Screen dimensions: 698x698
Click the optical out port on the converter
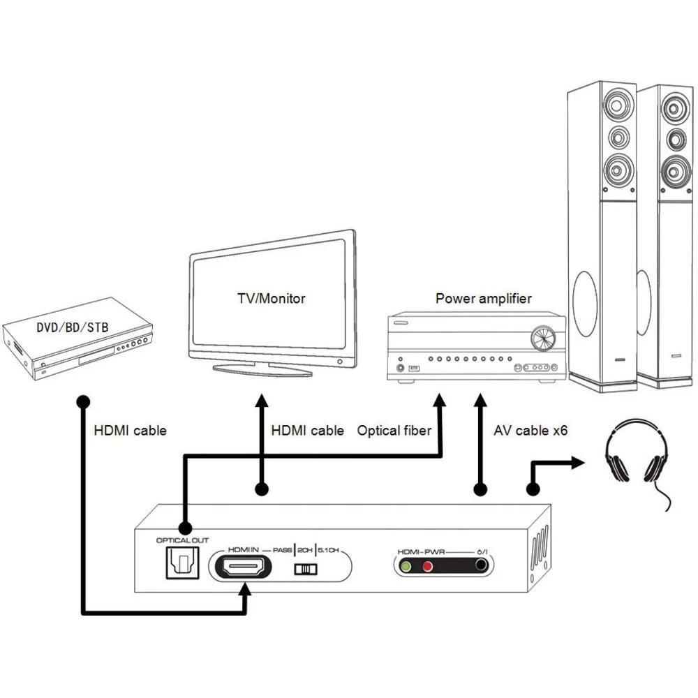pos(181,563)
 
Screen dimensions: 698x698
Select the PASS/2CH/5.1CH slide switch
pos(305,570)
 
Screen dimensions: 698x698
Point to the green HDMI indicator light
pos(405,566)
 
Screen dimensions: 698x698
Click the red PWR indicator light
pos(427,566)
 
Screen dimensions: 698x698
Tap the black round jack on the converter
pos(480,566)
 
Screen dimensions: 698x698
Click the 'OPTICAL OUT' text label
pos(181,540)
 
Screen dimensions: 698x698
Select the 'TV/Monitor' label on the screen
pos(271,298)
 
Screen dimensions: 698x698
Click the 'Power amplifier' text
pos(483,299)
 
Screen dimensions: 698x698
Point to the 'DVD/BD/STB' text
pos(73,327)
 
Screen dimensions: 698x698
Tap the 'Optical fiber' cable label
pos(394,431)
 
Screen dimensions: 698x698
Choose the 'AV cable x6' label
pos(530,431)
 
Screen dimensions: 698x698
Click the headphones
pos(634,454)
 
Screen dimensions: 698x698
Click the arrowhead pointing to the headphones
pos(577,461)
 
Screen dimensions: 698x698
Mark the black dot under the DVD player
pos(82,402)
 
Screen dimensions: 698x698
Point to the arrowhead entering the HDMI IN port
pos(244,590)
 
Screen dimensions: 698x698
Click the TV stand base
pos(262,369)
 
